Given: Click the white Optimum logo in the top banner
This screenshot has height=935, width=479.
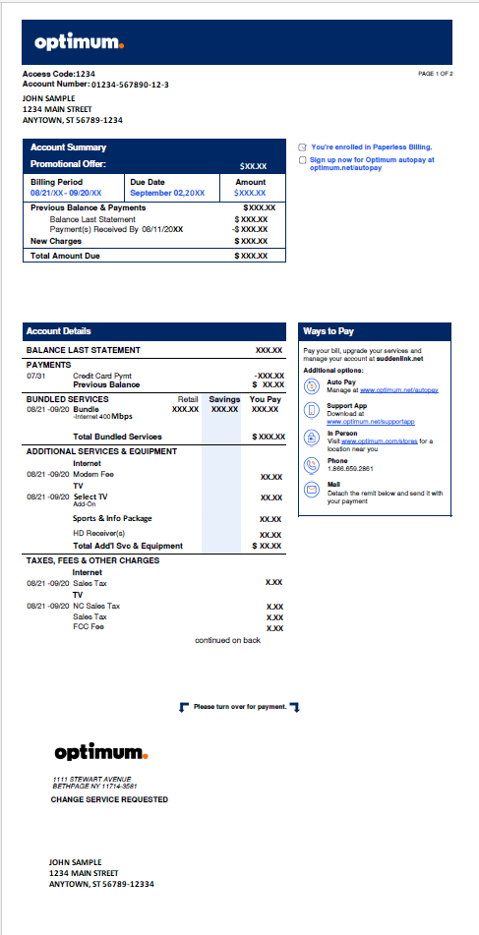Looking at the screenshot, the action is (79, 42).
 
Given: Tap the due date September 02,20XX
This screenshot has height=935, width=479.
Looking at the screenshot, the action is (167, 194).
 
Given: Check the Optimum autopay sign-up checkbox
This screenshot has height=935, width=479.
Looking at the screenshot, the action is (302, 159).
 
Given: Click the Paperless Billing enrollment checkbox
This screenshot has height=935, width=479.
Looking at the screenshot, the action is (302, 146).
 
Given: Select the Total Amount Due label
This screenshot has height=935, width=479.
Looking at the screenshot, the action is (65, 256).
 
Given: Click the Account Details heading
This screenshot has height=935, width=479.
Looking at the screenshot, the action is (59, 331).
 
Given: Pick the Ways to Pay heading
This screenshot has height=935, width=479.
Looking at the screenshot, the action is (329, 331).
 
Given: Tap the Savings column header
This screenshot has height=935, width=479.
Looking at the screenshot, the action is (224, 399).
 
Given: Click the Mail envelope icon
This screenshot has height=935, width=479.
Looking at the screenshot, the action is (312, 489).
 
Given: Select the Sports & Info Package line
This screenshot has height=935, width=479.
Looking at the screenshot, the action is (113, 518).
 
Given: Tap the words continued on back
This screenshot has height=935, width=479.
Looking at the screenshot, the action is (227, 640).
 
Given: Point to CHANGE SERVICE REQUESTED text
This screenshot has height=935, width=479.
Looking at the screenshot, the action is (109, 800).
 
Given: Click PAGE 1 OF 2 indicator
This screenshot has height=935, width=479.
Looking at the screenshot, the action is (436, 74).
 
